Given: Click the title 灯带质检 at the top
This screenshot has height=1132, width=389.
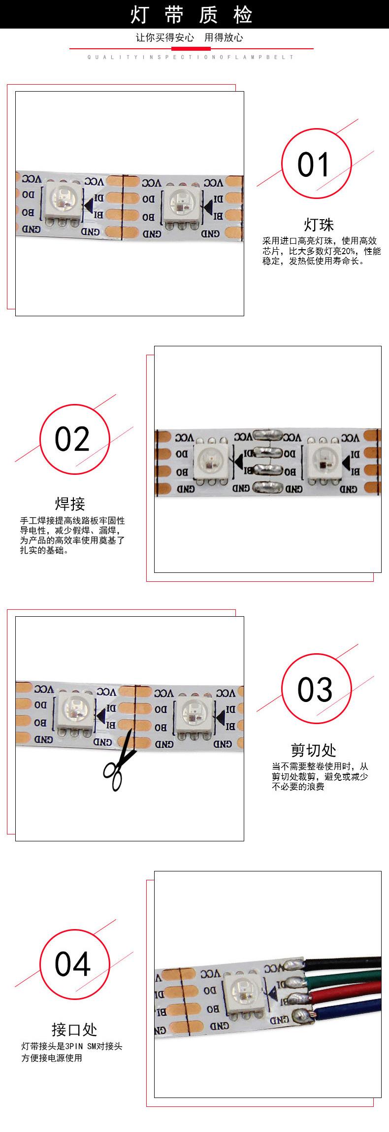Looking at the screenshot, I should click(x=192, y=15).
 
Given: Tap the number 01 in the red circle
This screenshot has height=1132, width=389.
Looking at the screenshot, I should click(x=313, y=165).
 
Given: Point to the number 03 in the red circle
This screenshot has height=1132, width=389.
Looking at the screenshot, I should click(x=315, y=690).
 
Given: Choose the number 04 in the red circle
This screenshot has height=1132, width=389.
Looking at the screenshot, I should click(x=73, y=964).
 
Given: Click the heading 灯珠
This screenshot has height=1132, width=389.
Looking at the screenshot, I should click(x=319, y=225).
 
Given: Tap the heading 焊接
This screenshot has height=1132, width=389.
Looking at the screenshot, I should click(x=70, y=504).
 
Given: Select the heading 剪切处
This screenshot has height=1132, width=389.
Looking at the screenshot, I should click(x=314, y=750).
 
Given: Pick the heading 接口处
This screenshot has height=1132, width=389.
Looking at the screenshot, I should click(x=74, y=1030).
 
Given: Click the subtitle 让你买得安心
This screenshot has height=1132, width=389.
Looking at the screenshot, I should click(x=165, y=38).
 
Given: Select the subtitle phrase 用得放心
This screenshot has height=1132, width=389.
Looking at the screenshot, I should click(x=224, y=38).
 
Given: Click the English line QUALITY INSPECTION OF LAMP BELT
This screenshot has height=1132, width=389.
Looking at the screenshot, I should click(x=191, y=57).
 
